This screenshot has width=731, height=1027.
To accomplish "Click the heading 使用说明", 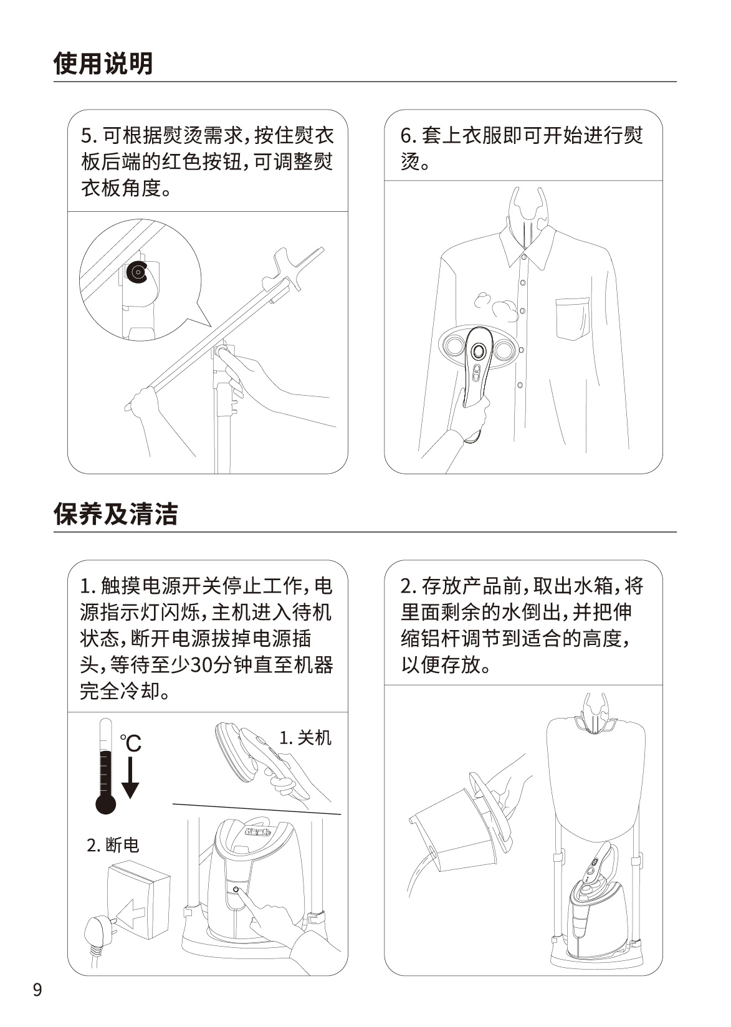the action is point(103,64).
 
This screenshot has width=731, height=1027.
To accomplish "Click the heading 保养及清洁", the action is point(115,513).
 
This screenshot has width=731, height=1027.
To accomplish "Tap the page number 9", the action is point(37,1002).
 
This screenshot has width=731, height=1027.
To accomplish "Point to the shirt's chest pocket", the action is point(573,319).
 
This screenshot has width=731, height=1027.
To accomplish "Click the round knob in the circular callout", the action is point(137,273).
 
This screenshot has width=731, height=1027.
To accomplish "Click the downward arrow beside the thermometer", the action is point(131,778).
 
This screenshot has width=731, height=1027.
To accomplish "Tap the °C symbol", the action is point(131,743).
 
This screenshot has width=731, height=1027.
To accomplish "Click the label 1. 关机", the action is point(305,738).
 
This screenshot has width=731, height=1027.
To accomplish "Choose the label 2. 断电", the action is point(113,844).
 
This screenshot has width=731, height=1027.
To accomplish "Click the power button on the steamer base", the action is point(236,889).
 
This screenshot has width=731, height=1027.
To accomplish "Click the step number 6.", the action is point(406,136).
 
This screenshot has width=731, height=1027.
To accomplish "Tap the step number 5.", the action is point(86,136).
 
